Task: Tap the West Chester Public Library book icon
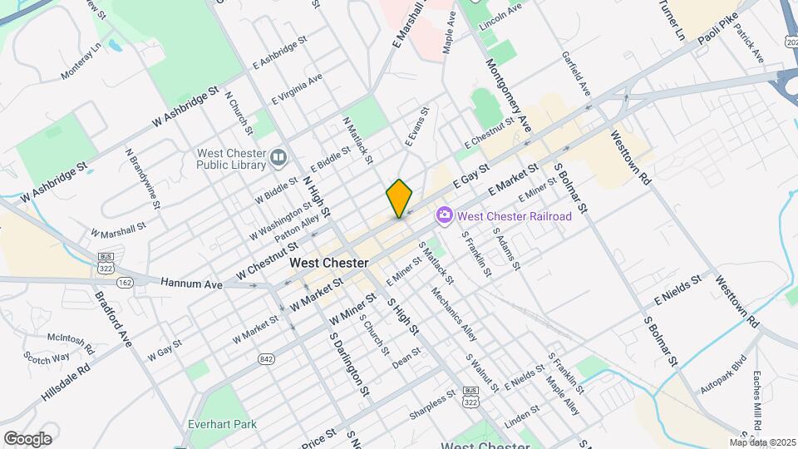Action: [278, 156]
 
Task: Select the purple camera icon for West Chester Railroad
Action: [444, 216]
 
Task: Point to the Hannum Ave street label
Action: [192, 284]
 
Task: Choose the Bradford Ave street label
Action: [113, 318]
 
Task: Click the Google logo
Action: [27, 438]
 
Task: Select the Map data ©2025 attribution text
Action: [762, 442]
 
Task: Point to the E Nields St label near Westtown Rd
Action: [678, 287]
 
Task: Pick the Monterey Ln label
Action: [81, 62]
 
